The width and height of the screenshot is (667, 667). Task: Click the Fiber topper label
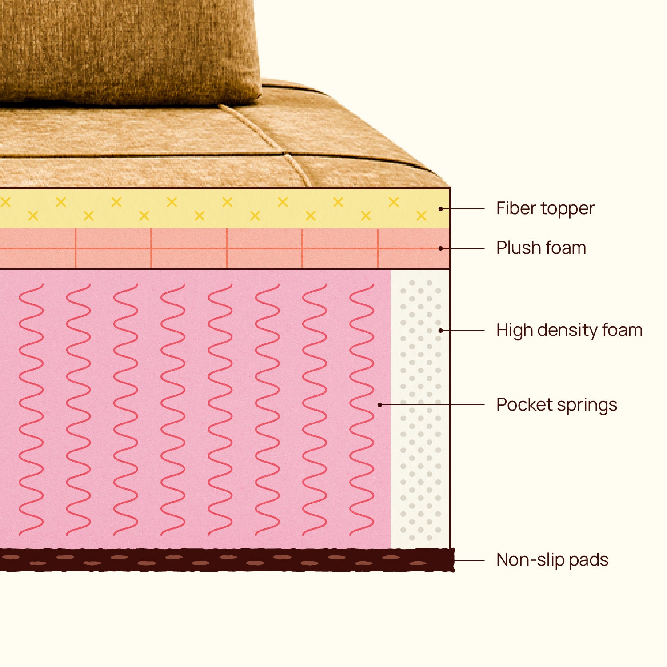[x=545, y=208]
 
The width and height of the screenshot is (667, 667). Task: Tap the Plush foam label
[x=541, y=248]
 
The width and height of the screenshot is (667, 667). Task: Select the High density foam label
[x=569, y=330]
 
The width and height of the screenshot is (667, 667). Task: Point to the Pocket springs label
[x=557, y=405]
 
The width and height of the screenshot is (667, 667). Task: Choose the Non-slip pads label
[x=552, y=560]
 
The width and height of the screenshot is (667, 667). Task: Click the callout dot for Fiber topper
[x=440, y=208]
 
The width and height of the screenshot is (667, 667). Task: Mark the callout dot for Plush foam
[x=440, y=248]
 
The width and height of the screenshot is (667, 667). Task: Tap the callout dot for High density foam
[x=440, y=330]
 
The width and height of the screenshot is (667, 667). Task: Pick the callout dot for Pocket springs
[x=380, y=405]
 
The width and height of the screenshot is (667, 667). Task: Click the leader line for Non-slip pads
[x=469, y=560]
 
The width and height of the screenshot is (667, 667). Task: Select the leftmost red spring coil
[x=31, y=409]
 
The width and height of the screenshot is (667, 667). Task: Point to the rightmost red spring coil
[x=362, y=409]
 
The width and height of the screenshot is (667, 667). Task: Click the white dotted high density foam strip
[x=420, y=409]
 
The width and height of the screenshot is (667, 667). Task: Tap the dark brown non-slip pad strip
[x=227, y=560]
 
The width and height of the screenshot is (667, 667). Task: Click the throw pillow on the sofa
[x=129, y=51]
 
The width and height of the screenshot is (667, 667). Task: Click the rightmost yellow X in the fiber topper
[x=421, y=216]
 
